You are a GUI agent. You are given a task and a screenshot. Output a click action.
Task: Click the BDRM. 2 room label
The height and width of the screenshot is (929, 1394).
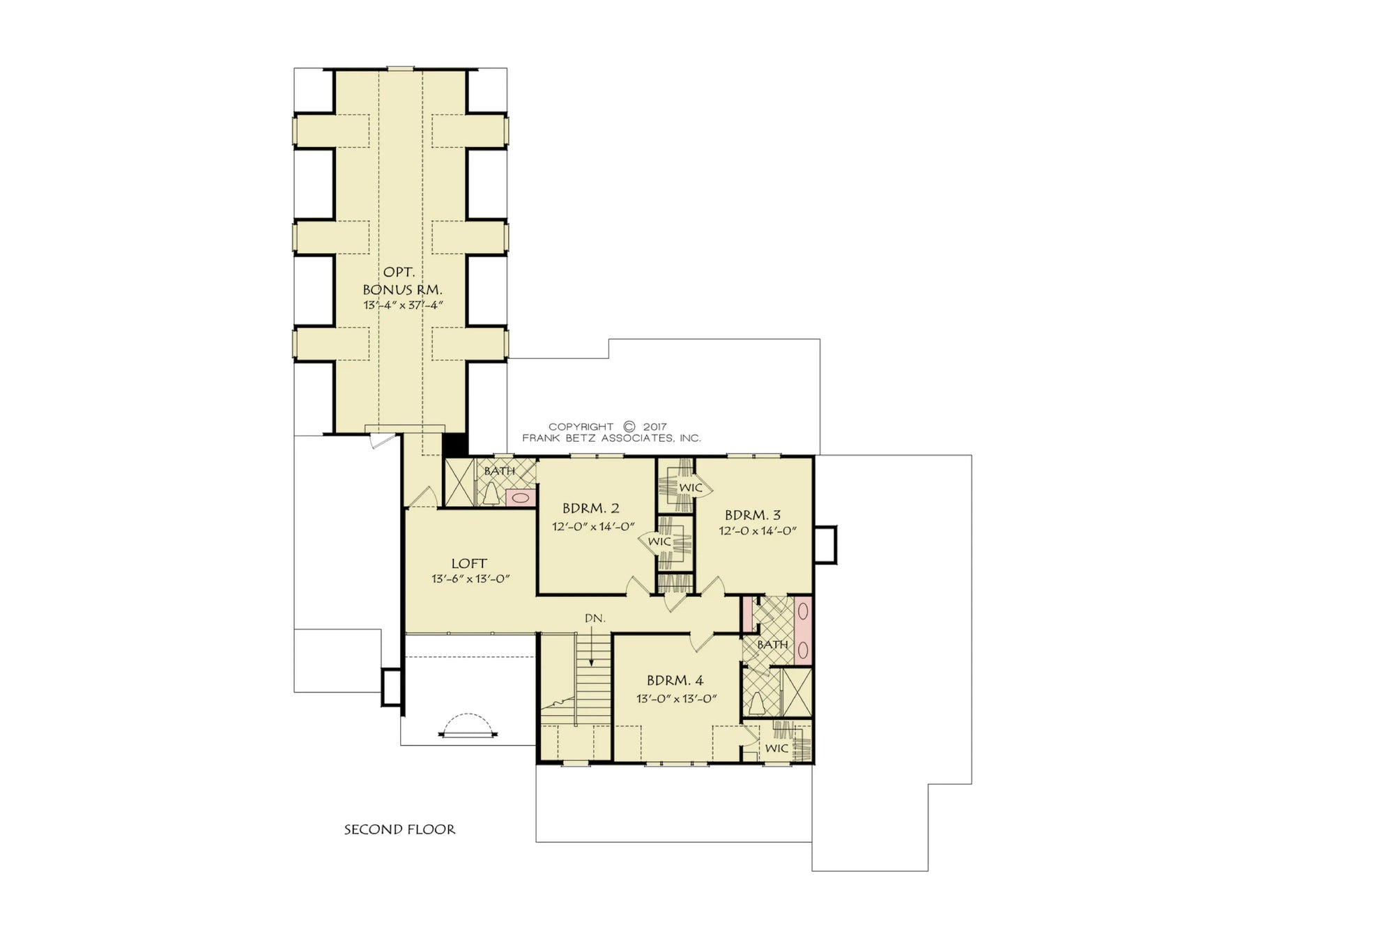pyautogui.click(x=590, y=508)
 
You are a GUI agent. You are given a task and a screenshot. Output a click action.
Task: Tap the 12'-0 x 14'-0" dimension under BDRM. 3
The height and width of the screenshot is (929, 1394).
pyautogui.click(x=758, y=530)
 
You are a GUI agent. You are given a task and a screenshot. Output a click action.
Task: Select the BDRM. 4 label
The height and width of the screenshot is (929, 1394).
pyautogui.click(x=675, y=680)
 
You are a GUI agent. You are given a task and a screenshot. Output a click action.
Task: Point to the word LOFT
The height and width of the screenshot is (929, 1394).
pyautogui.click(x=469, y=563)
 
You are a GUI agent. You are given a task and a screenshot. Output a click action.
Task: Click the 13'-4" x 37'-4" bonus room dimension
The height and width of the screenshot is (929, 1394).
pyautogui.click(x=403, y=305)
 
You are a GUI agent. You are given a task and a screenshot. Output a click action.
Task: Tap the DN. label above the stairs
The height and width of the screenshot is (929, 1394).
pyautogui.click(x=595, y=618)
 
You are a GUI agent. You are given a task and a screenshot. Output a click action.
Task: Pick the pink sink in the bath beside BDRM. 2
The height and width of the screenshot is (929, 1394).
pyautogui.click(x=519, y=498)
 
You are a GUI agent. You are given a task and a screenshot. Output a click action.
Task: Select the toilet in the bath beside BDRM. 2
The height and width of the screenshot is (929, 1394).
pyautogui.click(x=491, y=494)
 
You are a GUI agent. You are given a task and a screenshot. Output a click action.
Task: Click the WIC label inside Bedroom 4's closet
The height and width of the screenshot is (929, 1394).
pyautogui.click(x=776, y=748)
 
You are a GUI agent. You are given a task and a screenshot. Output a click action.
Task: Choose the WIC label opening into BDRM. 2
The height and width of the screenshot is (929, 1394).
pyautogui.click(x=659, y=542)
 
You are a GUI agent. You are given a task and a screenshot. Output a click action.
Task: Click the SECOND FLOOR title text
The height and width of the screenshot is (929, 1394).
pyautogui.click(x=399, y=829)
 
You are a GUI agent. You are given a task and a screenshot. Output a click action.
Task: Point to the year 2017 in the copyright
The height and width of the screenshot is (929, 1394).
pyautogui.click(x=654, y=427)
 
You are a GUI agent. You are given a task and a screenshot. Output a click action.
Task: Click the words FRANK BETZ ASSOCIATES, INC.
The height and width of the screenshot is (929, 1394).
pyautogui.click(x=611, y=438)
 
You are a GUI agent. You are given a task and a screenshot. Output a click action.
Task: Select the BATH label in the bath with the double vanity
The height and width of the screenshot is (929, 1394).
pyautogui.click(x=772, y=645)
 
